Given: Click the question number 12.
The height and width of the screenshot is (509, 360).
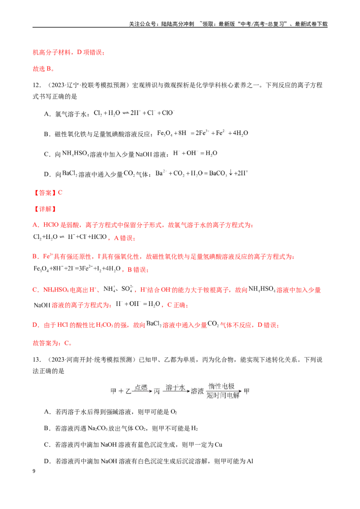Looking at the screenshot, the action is coord(37,85).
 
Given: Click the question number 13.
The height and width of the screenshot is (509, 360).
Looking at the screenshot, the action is coord(37,360).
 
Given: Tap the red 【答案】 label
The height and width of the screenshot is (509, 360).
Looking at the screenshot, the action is coord(45,193).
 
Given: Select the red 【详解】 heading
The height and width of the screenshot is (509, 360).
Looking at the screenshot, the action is coord(45,209).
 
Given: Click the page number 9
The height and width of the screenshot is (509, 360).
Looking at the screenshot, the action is coord(34,471).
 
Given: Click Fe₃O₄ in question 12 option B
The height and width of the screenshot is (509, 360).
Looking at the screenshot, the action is coord(165,134).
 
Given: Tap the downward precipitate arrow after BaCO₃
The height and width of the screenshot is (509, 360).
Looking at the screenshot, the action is coord(230,173).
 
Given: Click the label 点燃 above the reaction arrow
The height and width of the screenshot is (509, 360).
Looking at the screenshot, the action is coord(141,387).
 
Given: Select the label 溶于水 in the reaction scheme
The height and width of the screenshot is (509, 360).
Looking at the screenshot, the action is coord(175,387).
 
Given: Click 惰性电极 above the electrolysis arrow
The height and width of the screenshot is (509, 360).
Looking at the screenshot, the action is coord(221,386).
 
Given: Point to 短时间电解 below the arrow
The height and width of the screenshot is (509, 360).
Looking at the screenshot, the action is coord(223,395).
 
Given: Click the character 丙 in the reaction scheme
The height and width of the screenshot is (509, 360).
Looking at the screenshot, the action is coord(157,392).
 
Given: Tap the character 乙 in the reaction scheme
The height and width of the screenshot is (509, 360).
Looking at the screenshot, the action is coord(128,392).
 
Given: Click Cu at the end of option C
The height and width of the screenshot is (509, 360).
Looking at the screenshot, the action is coord(218,445).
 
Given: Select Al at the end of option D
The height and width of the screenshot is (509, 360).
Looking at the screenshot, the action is coord(250,461).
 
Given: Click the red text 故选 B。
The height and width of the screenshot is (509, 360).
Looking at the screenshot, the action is coord(44,69).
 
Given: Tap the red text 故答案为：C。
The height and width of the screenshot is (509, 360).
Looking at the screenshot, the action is coord(52,343).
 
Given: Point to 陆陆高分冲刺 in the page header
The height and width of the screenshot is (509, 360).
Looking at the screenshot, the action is coord(178,24).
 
